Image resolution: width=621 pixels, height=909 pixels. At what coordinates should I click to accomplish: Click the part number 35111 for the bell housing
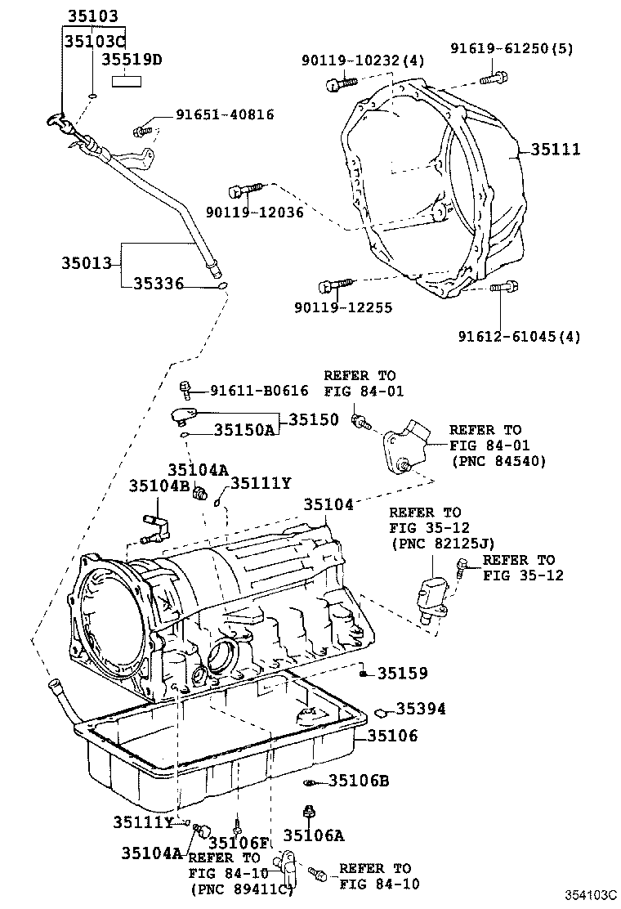point(556,150)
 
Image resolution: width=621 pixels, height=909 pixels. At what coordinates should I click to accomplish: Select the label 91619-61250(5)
point(512,48)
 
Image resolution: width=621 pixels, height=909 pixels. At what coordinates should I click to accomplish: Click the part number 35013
point(87,264)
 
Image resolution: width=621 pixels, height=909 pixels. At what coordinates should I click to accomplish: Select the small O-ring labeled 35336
point(221,285)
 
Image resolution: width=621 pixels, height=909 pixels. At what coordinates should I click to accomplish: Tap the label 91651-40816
point(225,115)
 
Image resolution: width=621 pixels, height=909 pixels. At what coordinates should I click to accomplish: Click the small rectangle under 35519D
point(127,81)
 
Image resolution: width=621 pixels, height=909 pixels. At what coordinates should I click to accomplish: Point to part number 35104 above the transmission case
point(328,505)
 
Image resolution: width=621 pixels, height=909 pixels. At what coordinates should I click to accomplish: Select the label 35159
point(402,674)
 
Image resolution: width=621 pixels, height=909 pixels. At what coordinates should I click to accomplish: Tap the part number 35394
point(421,709)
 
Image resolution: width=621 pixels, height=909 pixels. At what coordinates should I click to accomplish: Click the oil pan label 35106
point(391,736)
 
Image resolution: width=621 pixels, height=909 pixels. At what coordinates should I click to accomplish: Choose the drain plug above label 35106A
point(310,813)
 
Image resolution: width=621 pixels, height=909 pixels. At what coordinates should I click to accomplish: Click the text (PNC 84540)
point(498,461)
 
